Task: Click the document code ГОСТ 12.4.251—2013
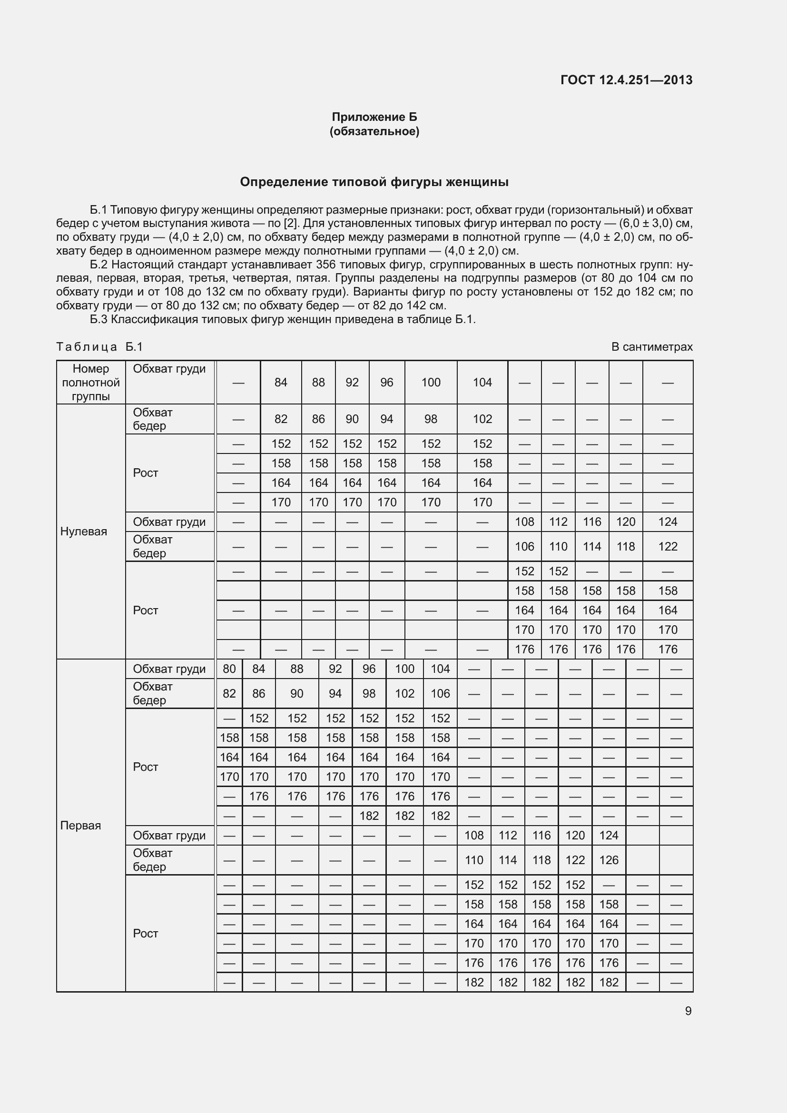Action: tap(626, 80)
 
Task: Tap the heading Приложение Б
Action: tap(374, 117)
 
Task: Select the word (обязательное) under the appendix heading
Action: tap(374, 131)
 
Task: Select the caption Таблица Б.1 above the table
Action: tap(99, 347)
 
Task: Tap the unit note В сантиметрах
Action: tap(652, 347)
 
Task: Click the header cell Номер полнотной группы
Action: tap(90, 383)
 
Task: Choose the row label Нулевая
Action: tap(83, 532)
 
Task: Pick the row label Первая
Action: tap(80, 826)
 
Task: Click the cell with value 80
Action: tap(229, 669)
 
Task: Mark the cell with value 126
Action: tap(609, 860)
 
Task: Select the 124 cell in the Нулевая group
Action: tap(667, 522)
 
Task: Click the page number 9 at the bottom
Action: tap(688, 1011)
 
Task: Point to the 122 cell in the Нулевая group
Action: tap(667, 547)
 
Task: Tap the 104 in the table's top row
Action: tap(482, 383)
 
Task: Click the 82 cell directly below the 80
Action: tap(229, 694)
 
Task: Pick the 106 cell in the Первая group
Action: tap(440, 694)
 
